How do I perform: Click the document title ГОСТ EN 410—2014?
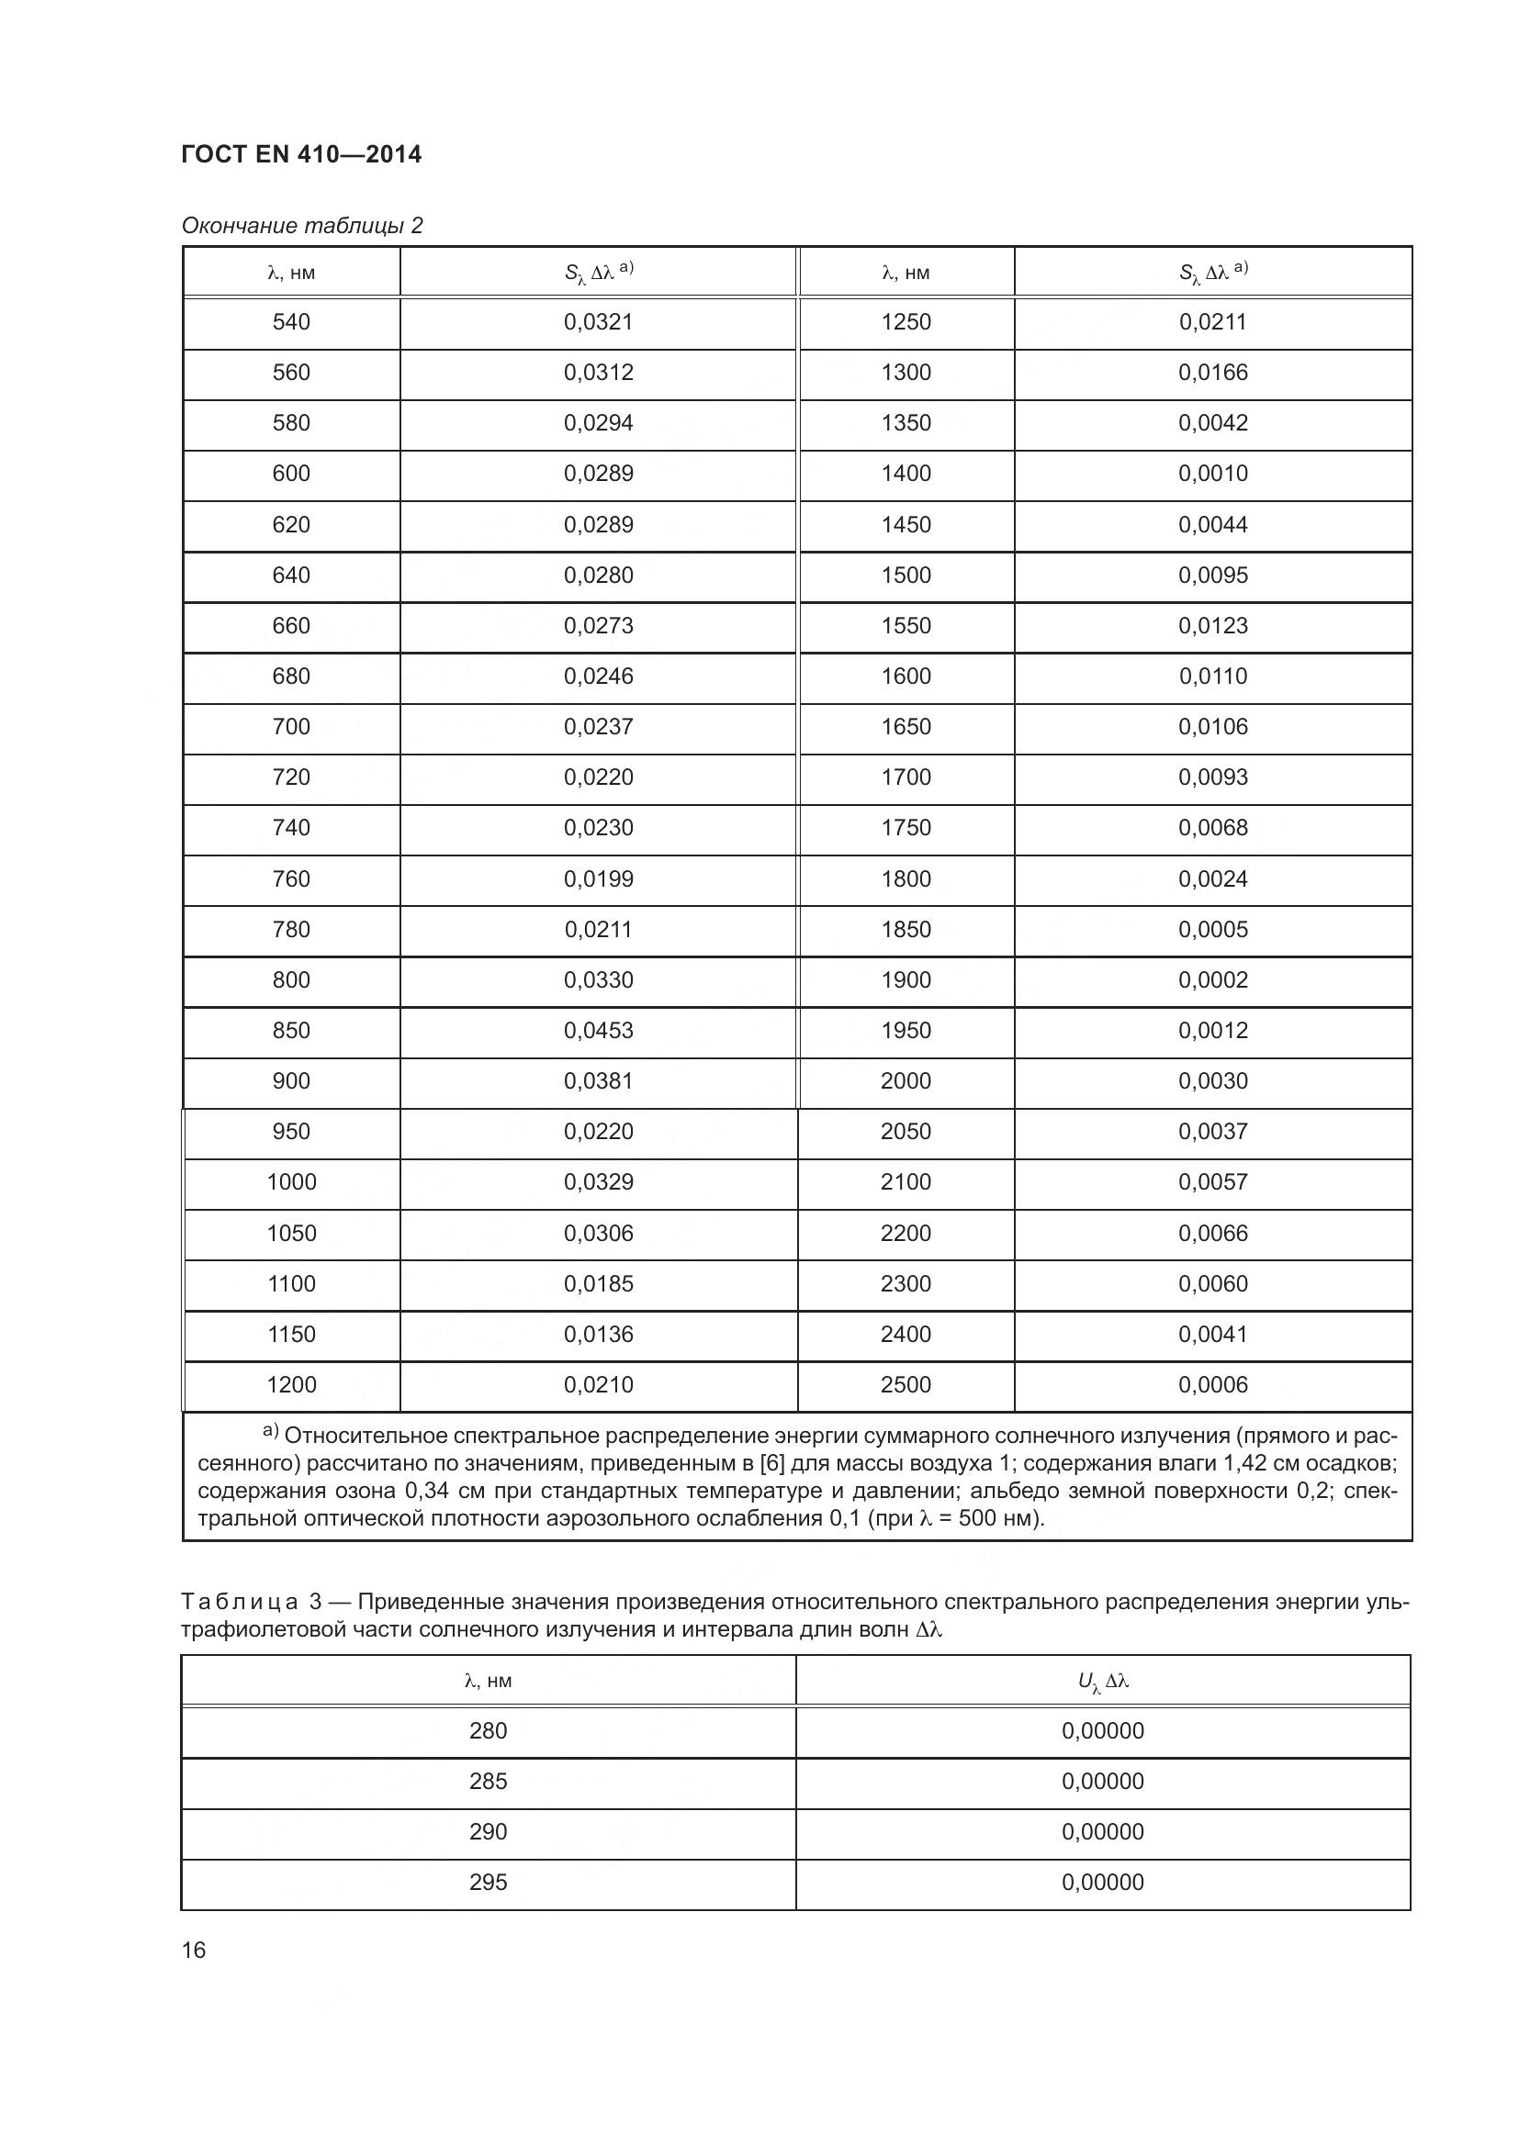coord(301,154)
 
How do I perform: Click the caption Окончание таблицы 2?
coord(301,226)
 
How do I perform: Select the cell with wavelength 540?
coord(291,321)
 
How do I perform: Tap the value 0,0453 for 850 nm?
coord(598,1031)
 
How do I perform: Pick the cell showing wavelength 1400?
coord(906,473)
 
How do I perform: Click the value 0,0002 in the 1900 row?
coord(1212,980)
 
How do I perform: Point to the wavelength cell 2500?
coord(906,1385)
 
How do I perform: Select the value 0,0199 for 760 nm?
coord(598,879)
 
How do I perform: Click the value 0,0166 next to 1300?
coord(1212,372)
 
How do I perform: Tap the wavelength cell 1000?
coord(291,1182)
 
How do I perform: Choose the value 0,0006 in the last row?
coord(1212,1385)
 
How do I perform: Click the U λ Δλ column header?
coord(1103,1682)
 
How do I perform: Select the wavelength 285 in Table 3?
coord(488,1782)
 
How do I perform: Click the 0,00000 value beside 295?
coord(1103,1883)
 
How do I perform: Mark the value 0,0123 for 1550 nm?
coord(1212,626)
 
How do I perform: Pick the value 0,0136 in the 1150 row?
coord(598,1335)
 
